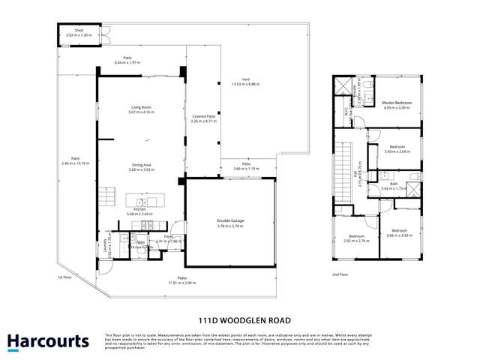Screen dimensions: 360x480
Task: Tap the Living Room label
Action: pos(141,108)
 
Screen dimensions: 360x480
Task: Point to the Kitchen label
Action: pos(140,210)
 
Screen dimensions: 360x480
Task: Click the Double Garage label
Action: pos(230,220)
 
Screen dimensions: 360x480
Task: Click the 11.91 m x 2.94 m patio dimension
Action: pos(181,283)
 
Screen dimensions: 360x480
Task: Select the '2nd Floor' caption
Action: pos(340,274)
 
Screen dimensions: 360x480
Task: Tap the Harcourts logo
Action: pos(48,341)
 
